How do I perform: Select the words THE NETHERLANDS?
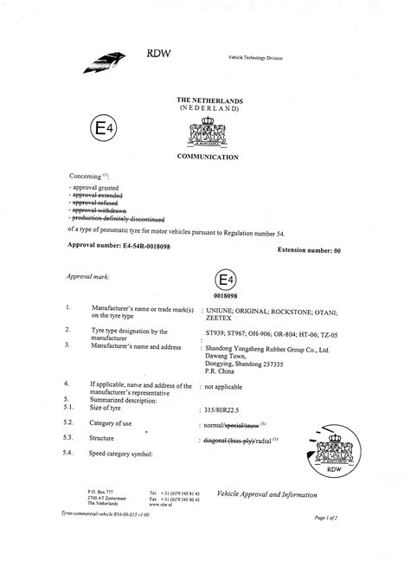point(215,100)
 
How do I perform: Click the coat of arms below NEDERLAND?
point(215,134)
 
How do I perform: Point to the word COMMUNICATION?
point(215,158)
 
